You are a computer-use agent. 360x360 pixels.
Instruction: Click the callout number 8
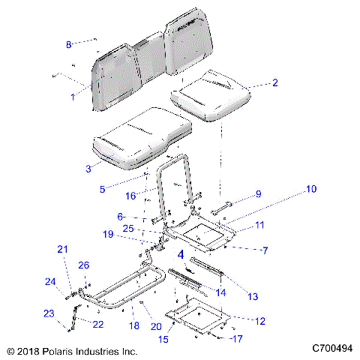point(68,45)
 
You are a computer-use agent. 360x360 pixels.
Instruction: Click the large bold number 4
point(179,254)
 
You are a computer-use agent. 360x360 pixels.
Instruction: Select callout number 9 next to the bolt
point(258,194)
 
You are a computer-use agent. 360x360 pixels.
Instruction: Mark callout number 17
point(238,338)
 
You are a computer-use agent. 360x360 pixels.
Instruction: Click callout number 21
point(62,250)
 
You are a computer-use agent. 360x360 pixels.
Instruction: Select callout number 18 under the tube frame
point(135,326)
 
